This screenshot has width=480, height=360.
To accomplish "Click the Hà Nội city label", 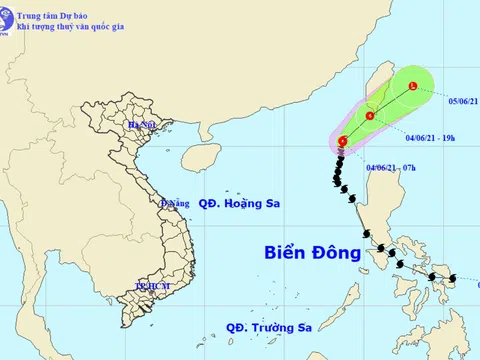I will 141,125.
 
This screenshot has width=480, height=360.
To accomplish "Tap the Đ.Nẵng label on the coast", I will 174,203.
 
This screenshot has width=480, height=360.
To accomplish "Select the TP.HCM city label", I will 150,287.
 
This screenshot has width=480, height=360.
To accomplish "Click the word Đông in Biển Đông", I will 337,253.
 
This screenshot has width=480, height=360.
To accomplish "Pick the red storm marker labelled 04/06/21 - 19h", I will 371,117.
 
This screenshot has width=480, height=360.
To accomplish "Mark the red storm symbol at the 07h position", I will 343,142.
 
